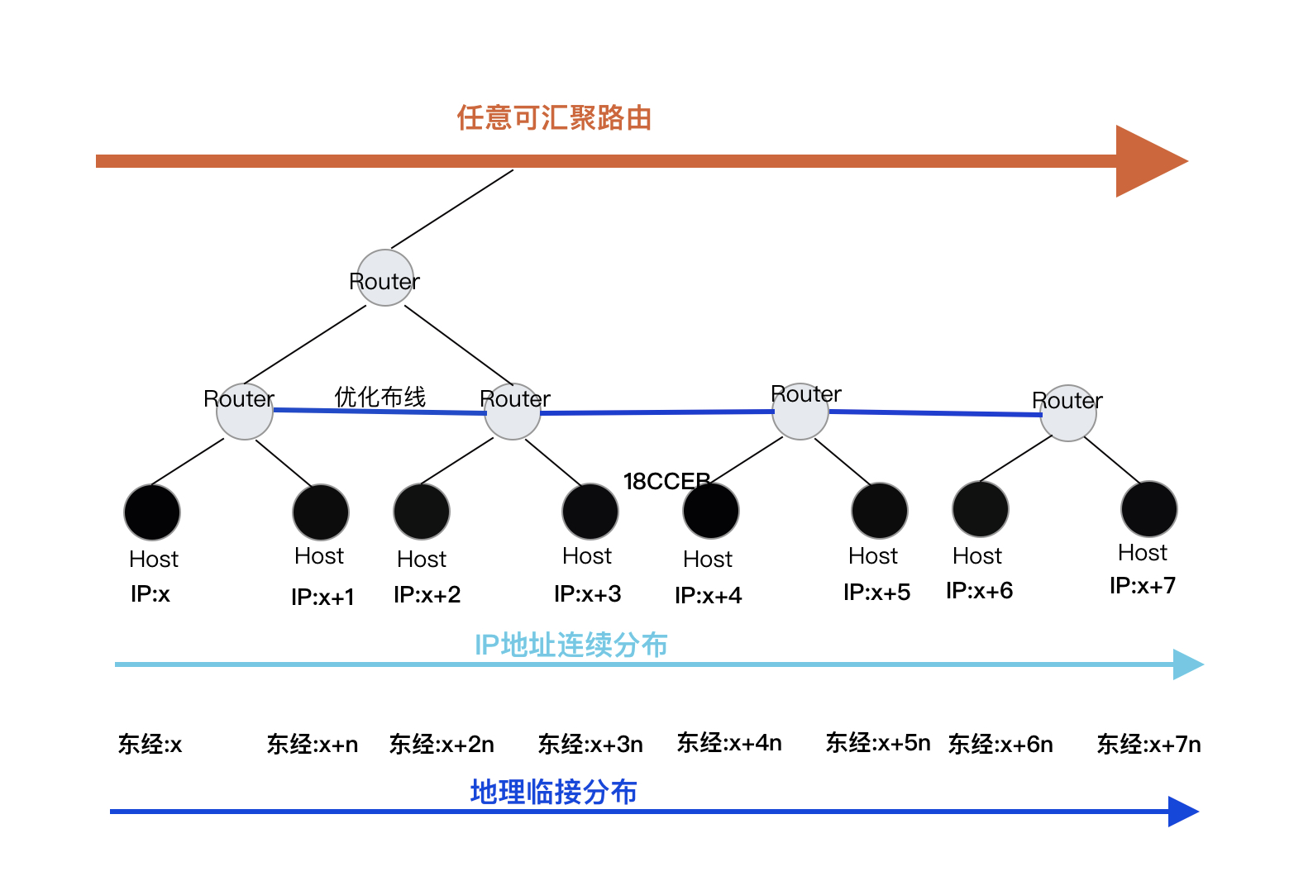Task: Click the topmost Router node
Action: tap(384, 279)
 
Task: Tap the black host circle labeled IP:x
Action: tap(152, 512)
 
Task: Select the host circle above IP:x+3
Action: tap(590, 512)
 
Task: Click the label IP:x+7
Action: tap(1142, 586)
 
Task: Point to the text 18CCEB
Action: tap(666, 481)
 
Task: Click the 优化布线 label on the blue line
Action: tap(380, 397)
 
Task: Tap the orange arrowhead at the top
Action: tap(1149, 161)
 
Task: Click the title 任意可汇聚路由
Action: tap(554, 118)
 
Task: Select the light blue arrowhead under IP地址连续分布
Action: tap(1187, 664)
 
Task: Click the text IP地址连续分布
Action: tap(571, 645)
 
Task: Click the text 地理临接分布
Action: tap(553, 792)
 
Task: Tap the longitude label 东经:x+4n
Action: tap(728, 743)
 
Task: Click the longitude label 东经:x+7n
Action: tap(1148, 745)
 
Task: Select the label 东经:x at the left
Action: tap(150, 745)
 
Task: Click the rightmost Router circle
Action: tap(1067, 413)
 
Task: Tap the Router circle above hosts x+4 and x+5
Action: tap(800, 412)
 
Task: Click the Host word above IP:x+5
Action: tap(872, 556)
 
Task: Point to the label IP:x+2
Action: tap(427, 594)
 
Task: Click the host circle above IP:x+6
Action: tap(980, 509)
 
